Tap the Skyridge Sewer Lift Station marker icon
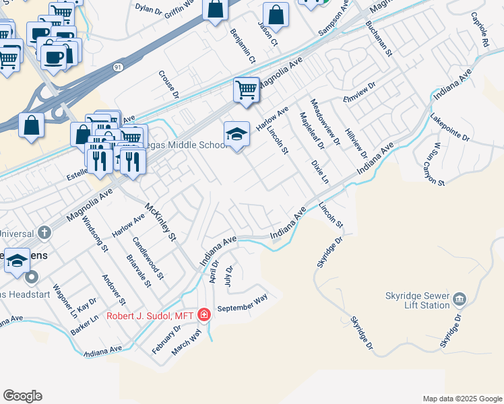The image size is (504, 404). (x=460, y=298)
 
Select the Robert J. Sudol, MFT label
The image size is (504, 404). (x=150, y=315)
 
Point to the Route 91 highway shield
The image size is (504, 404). (x=118, y=67)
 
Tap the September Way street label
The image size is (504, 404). (x=243, y=301)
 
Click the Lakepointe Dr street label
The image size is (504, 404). (x=450, y=127)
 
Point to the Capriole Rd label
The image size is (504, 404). (x=480, y=29)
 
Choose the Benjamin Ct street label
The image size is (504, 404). (x=243, y=46)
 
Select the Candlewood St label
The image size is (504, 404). (x=148, y=258)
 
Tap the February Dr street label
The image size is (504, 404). (x=166, y=339)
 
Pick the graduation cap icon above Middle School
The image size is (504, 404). (x=237, y=134)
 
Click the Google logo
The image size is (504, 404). (x=22, y=396)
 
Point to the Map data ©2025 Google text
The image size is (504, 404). (x=462, y=399)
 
